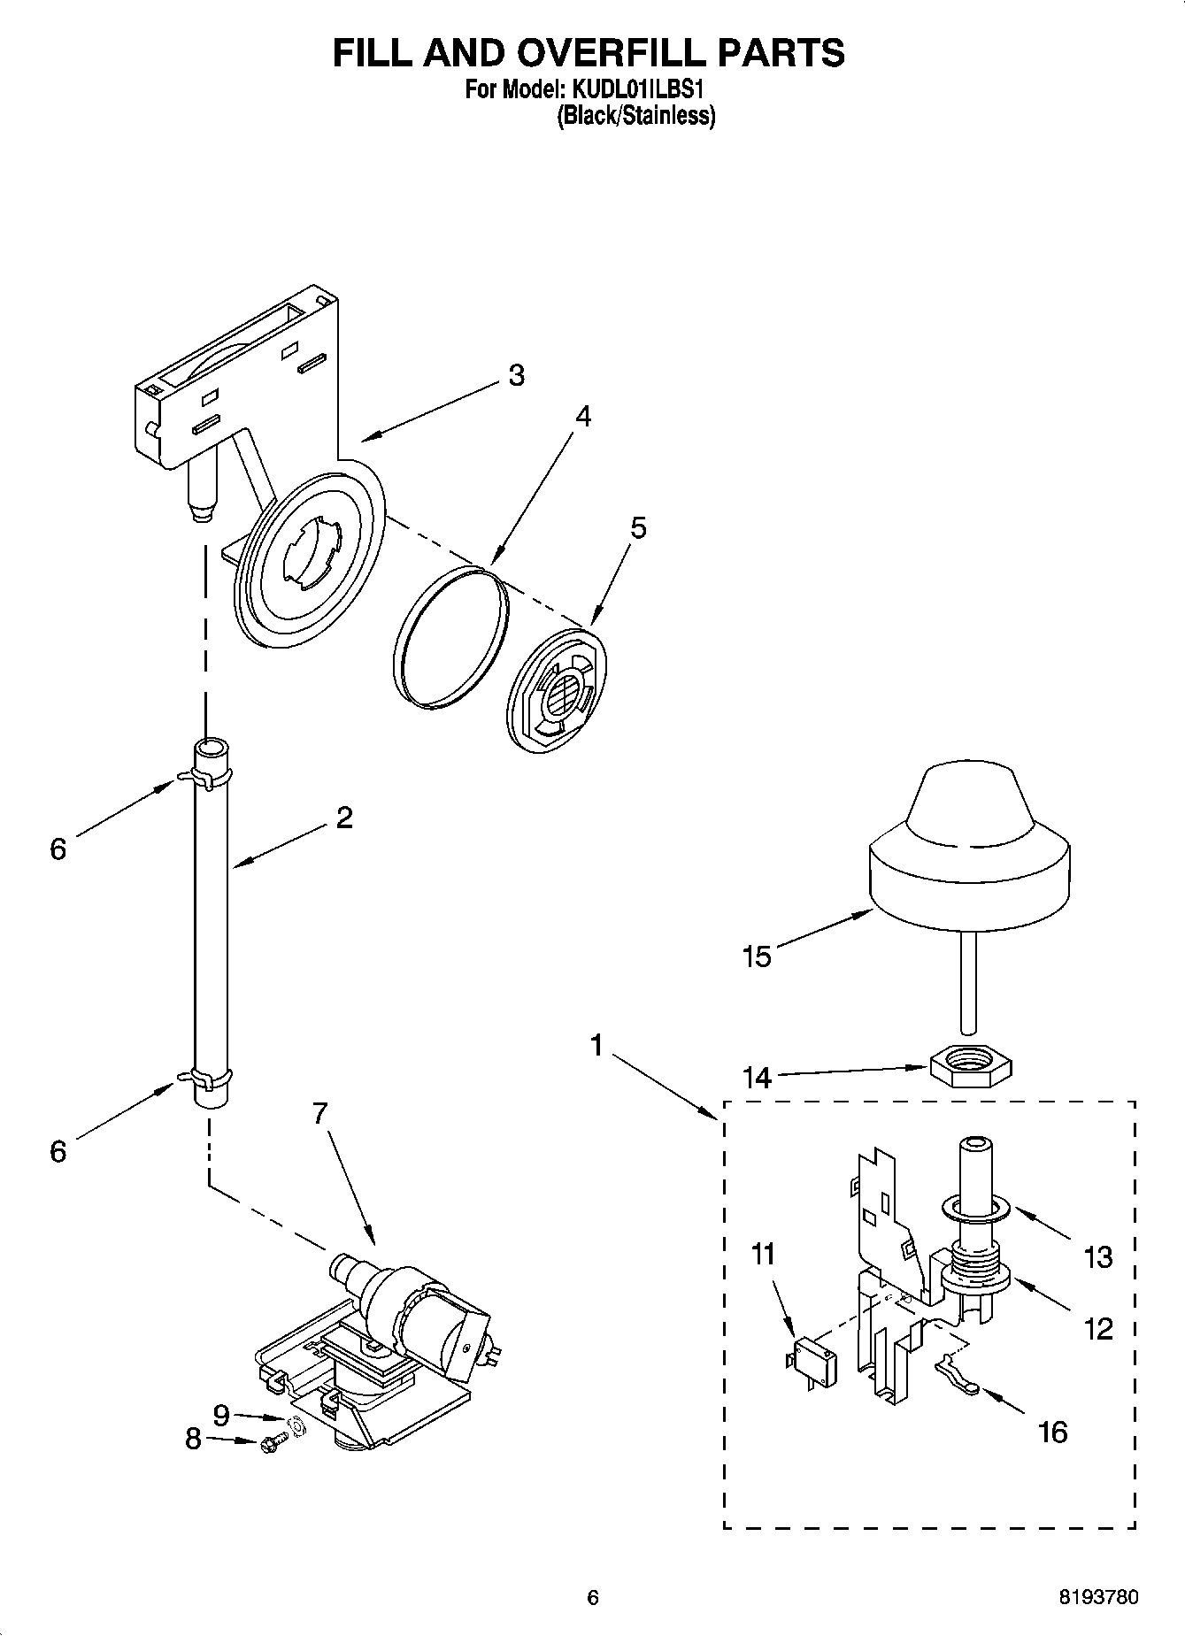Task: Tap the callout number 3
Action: point(517,375)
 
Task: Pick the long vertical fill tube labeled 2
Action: point(211,920)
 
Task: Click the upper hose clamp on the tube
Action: point(209,778)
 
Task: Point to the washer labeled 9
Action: point(297,1426)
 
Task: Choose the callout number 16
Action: point(1052,1431)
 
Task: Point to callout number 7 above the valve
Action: point(320,1113)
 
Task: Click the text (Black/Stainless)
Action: point(635,116)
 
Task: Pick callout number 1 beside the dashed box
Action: point(596,1046)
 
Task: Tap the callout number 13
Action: point(1097,1257)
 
